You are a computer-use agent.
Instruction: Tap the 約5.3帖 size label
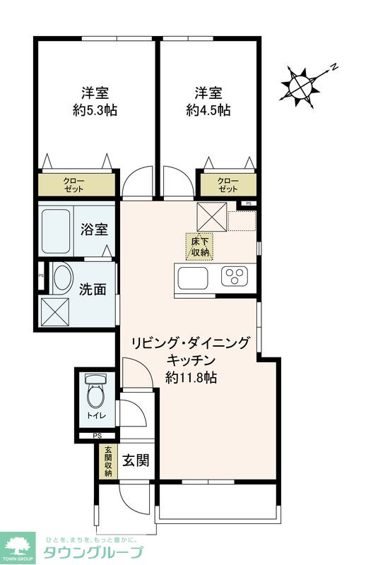pyautogui.click(x=94, y=110)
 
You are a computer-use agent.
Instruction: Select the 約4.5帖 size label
pyautogui.click(x=208, y=110)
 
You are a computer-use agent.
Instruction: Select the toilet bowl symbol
pyautogui.click(x=93, y=391)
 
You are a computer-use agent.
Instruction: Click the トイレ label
pyautogui.click(x=93, y=416)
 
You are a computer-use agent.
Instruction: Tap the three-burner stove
pyautogui.click(x=235, y=277)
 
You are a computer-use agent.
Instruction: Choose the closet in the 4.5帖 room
pyautogui.click(x=226, y=185)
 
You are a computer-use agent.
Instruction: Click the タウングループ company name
pyautogui.click(x=93, y=552)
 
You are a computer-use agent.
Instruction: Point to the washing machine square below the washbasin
pyautogui.click(x=54, y=309)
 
